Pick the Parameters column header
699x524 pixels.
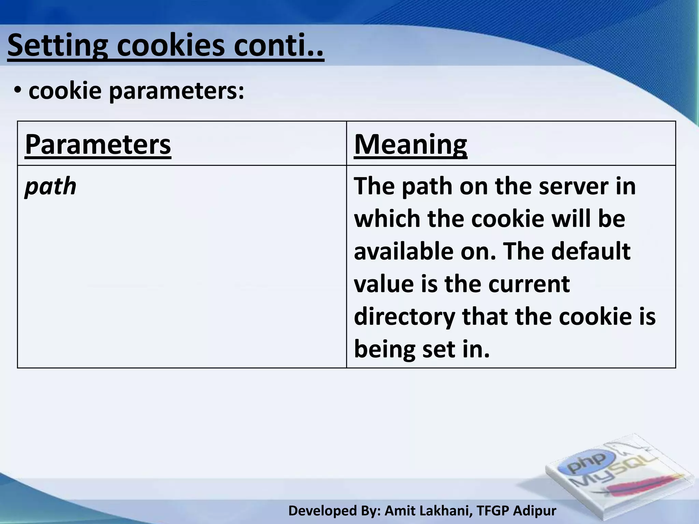(98, 144)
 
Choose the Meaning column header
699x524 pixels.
(410, 144)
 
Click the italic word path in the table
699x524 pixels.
(51, 186)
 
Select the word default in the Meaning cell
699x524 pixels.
(591, 251)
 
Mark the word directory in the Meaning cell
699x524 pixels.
(404, 317)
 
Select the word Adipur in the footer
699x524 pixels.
(535, 511)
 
